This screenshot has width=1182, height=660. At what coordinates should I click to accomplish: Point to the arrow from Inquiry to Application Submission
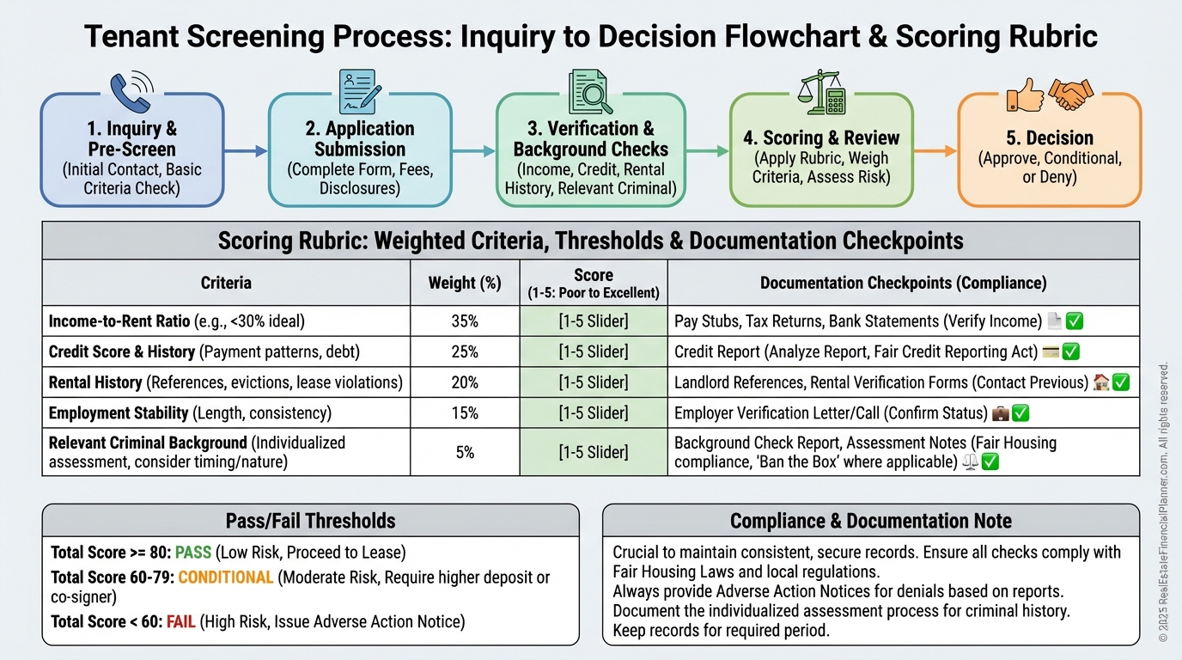(x=246, y=151)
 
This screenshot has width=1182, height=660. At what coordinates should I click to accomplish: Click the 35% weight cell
(x=465, y=321)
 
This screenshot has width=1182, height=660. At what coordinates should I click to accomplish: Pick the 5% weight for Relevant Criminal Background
(x=465, y=452)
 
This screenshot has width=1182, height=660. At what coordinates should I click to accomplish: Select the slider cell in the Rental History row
(x=594, y=382)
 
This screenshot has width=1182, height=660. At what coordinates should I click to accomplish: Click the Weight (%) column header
(x=465, y=282)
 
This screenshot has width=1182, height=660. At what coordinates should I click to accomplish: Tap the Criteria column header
(x=226, y=282)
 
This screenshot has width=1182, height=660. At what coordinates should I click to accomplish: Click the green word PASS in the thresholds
(x=193, y=552)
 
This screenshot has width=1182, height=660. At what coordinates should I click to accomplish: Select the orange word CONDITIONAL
(x=226, y=577)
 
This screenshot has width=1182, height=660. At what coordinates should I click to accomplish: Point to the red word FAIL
(x=181, y=620)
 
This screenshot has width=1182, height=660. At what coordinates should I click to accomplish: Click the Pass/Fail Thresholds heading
(x=310, y=521)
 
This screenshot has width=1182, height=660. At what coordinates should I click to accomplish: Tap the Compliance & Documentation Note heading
(x=870, y=521)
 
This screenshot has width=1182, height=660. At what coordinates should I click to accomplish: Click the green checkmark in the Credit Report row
(x=1071, y=351)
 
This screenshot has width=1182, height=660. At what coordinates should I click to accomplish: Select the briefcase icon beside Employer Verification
(x=1001, y=413)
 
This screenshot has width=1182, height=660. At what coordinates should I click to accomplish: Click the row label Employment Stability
(x=119, y=413)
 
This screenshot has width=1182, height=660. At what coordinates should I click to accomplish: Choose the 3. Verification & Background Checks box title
(x=590, y=138)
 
